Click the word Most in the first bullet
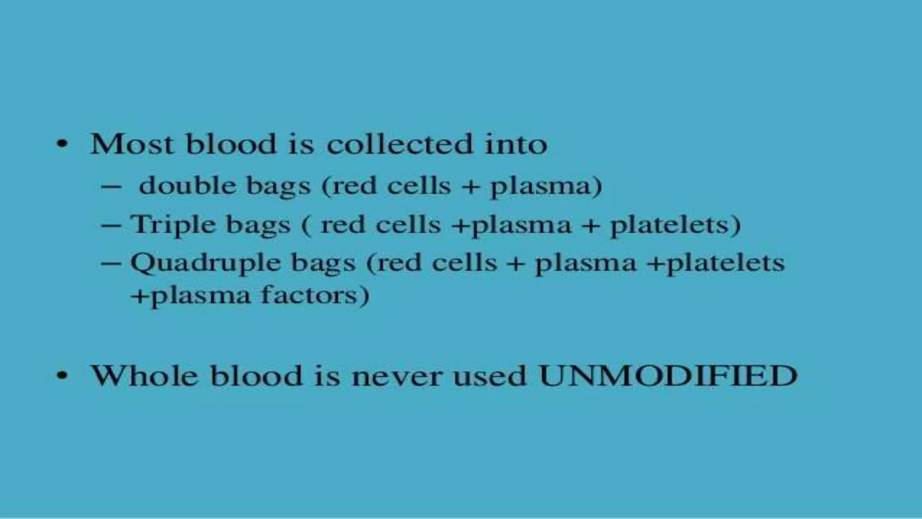(132, 145)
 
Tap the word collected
(399, 145)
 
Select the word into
(515, 145)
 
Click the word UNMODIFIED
(668, 375)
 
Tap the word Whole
(145, 375)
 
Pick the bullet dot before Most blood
(62, 145)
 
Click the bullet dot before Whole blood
(62, 375)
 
